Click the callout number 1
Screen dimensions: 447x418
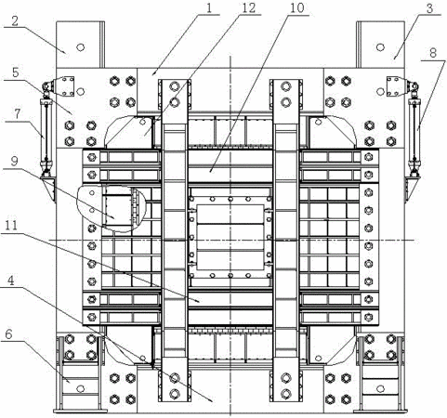coord(209,7)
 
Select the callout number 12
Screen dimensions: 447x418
coord(248,7)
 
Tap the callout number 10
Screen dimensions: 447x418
coord(296,8)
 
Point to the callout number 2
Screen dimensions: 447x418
coord(15,20)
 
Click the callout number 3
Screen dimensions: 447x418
coord(429,8)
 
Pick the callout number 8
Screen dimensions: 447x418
coord(433,53)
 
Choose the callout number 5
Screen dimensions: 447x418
coord(16,72)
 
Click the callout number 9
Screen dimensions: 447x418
coord(14,161)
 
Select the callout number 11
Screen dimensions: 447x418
coord(11,226)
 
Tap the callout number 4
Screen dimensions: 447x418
coord(11,281)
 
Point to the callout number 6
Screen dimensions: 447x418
coord(8,333)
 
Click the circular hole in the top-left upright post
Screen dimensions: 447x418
coord(81,47)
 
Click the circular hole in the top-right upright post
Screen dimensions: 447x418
coord(380,47)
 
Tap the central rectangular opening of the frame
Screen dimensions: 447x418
coord(230,237)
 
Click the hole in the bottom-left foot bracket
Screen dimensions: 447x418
coord(81,388)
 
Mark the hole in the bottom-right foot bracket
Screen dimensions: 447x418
coord(380,388)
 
